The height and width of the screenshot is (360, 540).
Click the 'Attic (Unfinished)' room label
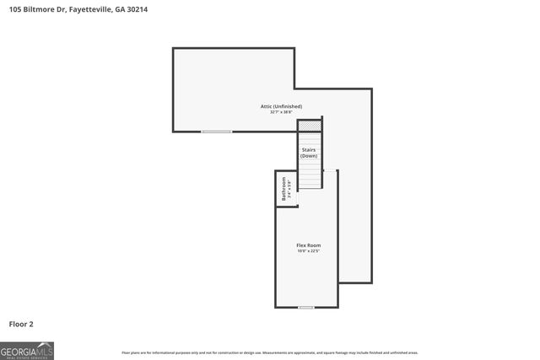(280, 106)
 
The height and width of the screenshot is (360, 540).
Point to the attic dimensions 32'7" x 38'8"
(280, 112)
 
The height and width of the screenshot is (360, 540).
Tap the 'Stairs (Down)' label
(309, 153)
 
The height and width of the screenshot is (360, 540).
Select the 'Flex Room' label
(308, 245)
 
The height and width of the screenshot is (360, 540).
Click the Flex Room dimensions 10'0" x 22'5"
(308, 251)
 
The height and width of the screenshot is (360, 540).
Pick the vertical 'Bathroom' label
(283, 187)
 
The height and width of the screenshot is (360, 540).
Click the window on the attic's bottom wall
(217, 132)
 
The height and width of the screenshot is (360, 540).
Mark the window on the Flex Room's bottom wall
(306, 307)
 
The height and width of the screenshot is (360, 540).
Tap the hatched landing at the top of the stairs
(310, 126)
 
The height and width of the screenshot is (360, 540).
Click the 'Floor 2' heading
(21, 324)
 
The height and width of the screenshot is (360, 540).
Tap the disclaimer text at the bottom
(270, 352)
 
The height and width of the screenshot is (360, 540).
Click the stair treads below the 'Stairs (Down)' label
(310, 174)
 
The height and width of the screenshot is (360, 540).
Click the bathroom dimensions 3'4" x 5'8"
(289, 187)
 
